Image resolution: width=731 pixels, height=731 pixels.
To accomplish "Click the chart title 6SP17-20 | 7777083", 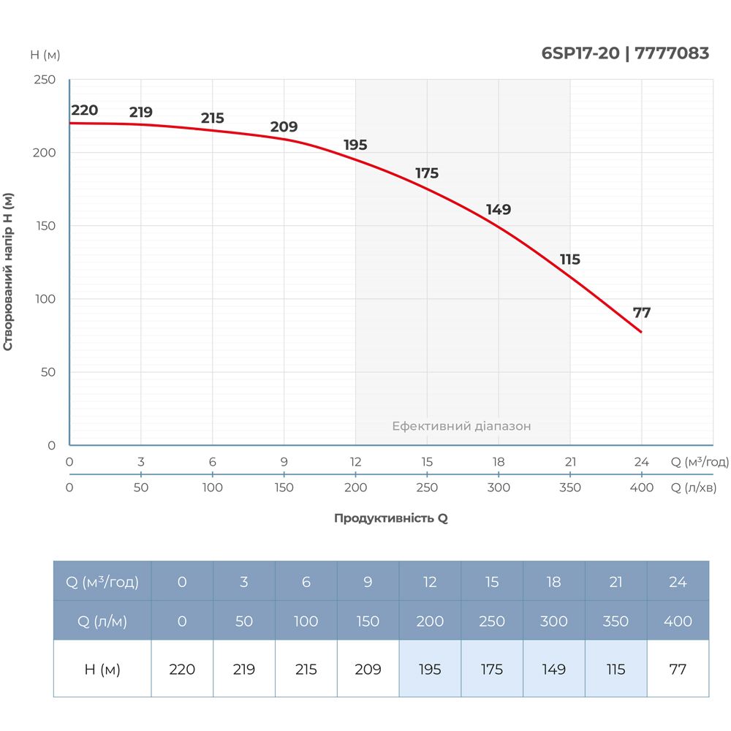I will click(625, 53).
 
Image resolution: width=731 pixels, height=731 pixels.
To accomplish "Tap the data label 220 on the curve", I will click(85, 110).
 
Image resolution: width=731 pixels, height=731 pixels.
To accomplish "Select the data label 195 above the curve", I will click(355, 145).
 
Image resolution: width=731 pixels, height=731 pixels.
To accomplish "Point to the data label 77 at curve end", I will click(642, 313).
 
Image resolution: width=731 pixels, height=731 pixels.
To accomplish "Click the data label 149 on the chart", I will click(499, 210).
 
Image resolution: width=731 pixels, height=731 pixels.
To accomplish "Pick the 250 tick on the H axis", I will click(45, 80).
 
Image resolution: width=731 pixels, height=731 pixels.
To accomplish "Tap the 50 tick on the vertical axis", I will click(48, 372).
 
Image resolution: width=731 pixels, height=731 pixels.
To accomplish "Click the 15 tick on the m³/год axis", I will click(427, 462).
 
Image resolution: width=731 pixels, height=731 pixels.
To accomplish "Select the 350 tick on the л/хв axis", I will click(570, 488).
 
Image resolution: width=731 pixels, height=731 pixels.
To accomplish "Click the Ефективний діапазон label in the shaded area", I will click(461, 426).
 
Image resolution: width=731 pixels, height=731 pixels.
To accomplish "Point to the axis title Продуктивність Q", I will click(390, 518).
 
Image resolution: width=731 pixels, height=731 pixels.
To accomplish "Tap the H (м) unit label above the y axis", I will click(45, 55).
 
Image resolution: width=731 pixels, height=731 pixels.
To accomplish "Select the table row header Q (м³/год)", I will click(102, 582).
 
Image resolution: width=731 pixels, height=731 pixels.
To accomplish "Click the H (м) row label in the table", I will click(102, 669).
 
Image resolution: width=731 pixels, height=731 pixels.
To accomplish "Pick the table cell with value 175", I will click(492, 669).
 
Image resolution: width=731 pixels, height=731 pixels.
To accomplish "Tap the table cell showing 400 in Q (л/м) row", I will click(678, 621).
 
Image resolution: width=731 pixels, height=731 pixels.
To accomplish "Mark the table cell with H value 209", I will click(368, 669).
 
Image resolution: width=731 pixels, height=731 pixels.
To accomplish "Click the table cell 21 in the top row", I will click(616, 582).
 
